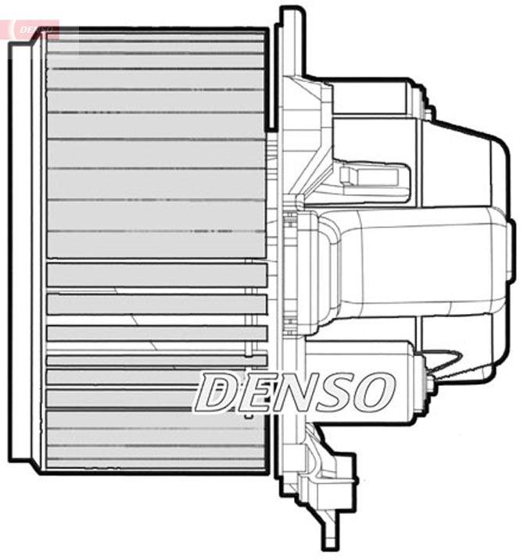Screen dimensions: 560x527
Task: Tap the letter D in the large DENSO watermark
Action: (x=217, y=392)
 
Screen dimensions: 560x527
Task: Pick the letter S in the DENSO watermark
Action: (x=337, y=392)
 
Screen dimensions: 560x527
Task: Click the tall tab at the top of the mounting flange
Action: (x=290, y=39)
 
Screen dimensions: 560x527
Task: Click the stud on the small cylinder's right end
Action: (x=428, y=384)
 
